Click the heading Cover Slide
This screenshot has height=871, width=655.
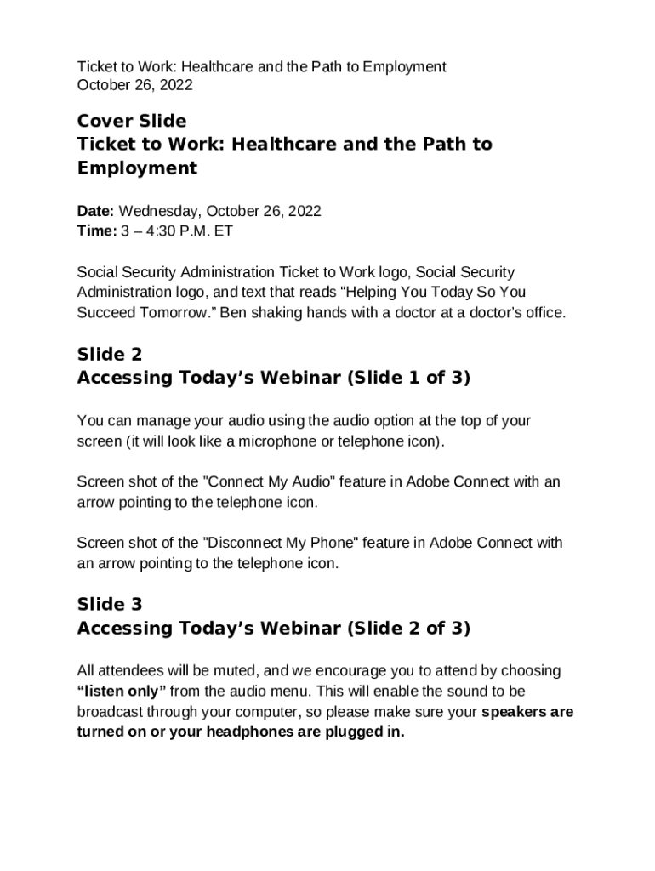click(x=131, y=121)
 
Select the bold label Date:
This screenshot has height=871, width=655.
click(x=96, y=210)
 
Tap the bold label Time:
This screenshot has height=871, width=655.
click(x=96, y=231)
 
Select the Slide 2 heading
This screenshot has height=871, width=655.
click(x=110, y=354)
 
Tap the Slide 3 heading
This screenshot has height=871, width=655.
click(x=110, y=604)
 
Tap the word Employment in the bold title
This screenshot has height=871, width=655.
click(x=137, y=168)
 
